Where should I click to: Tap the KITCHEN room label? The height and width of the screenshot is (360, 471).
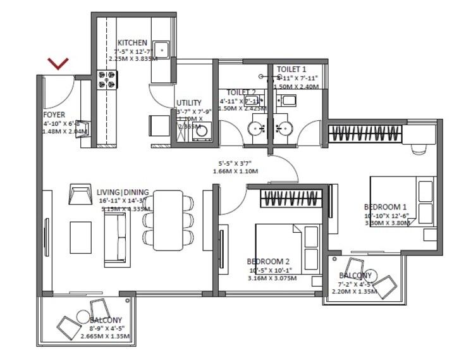click(132, 42)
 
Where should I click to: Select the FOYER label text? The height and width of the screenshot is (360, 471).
click(54, 115)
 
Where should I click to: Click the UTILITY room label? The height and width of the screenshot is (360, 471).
click(188, 102)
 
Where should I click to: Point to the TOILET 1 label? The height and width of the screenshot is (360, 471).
click(291, 69)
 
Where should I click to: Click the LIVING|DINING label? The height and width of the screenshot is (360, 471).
click(123, 192)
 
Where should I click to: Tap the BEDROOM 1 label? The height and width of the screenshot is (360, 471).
click(385, 207)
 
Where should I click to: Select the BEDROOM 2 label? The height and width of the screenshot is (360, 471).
click(268, 261)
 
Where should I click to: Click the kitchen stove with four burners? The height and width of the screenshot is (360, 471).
click(106, 78)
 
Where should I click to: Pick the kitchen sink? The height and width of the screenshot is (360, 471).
click(162, 48)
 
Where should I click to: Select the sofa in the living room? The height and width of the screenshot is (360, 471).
click(115, 238)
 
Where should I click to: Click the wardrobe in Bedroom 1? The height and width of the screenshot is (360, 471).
click(365, 134)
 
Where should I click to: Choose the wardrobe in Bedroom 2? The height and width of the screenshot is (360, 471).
click(287, 198)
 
